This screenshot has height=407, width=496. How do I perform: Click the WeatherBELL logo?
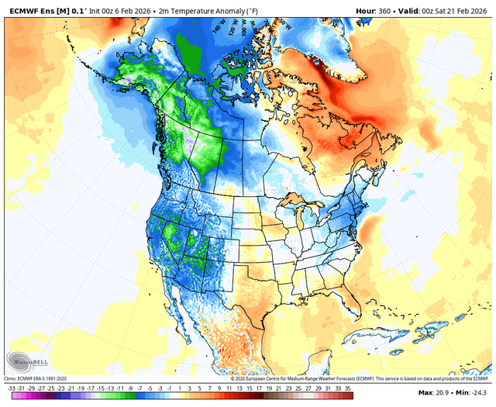click(x=26, y=360)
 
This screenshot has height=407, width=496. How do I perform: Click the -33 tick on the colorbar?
click(x=11, y=387)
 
